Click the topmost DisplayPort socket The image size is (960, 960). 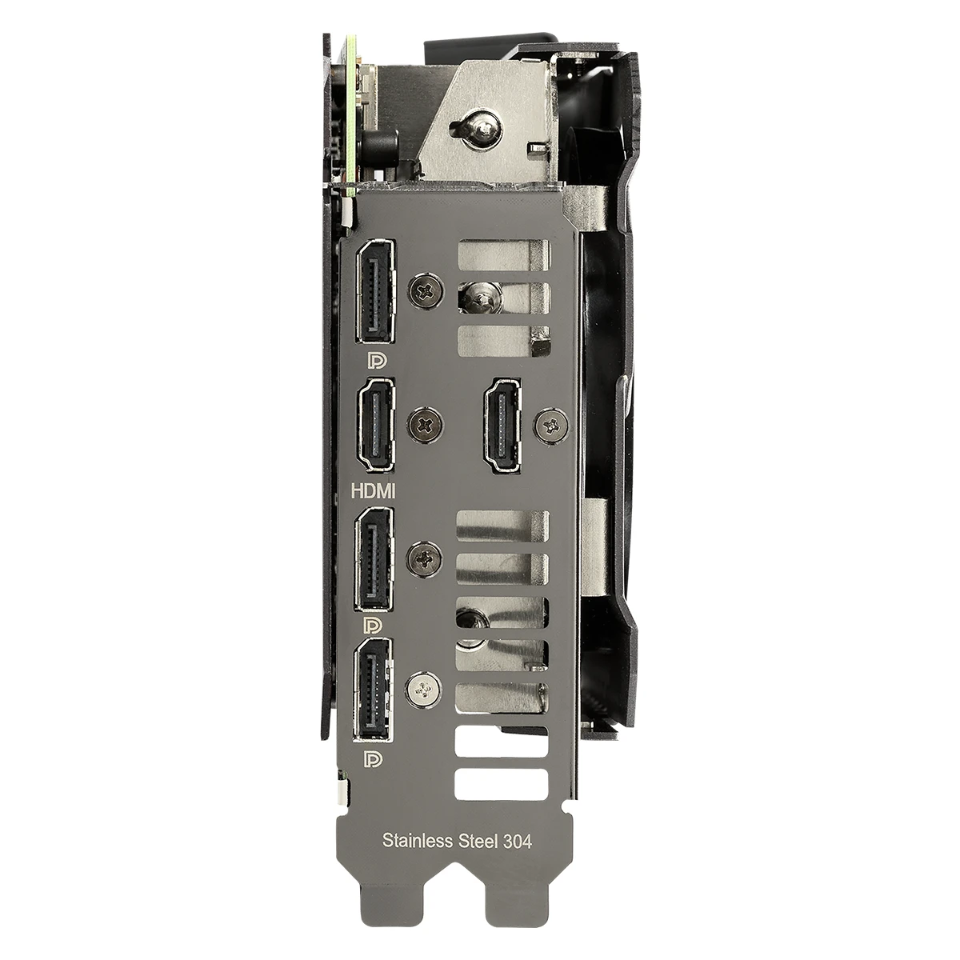(376, 291)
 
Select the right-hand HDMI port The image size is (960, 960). (502, 425)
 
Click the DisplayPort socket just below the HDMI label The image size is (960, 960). (374, 559)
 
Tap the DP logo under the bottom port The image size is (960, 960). (373, 759)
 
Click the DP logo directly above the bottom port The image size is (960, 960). (373, 626)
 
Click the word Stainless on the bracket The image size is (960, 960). (418, 840)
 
